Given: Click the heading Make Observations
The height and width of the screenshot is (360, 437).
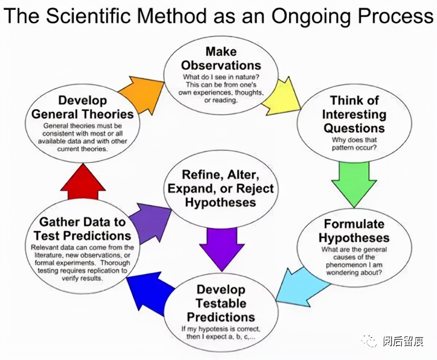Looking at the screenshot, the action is [x=221, y=58].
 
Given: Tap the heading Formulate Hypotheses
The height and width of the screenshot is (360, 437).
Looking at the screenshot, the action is [x=354, y=231].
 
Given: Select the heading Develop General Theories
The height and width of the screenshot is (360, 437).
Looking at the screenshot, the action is [x=82, y=107].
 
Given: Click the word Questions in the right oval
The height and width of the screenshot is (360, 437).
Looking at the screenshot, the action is [x=354, y=128].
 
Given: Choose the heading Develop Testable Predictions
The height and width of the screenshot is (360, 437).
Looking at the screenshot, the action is [x=221, y=304].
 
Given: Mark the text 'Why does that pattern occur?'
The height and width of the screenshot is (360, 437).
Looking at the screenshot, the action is [x=354, y=144].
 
